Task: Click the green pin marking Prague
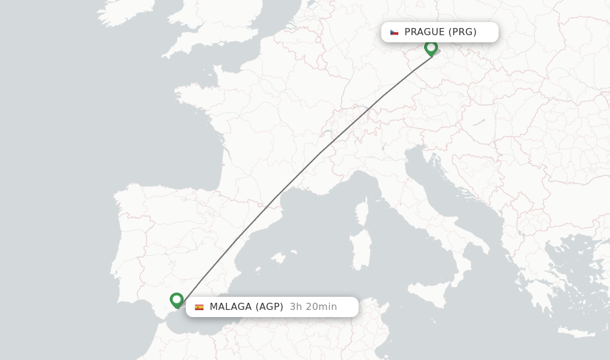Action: click(431, 48)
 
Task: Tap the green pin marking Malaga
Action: click(176, 300)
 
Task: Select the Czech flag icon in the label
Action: click(394, 32)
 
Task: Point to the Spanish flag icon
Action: click(199, 307)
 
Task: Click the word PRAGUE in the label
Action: click(424, 32)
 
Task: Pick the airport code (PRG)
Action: click(462, 32)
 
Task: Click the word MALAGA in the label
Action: click(231, 307)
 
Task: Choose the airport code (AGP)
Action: click(269, 307)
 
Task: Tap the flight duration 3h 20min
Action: click(313, 307)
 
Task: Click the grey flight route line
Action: click(322, 151)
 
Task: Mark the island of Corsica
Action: click(362, 215)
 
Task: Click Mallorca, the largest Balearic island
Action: click(276, 258)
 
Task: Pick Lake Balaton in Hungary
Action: click(479, 122)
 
